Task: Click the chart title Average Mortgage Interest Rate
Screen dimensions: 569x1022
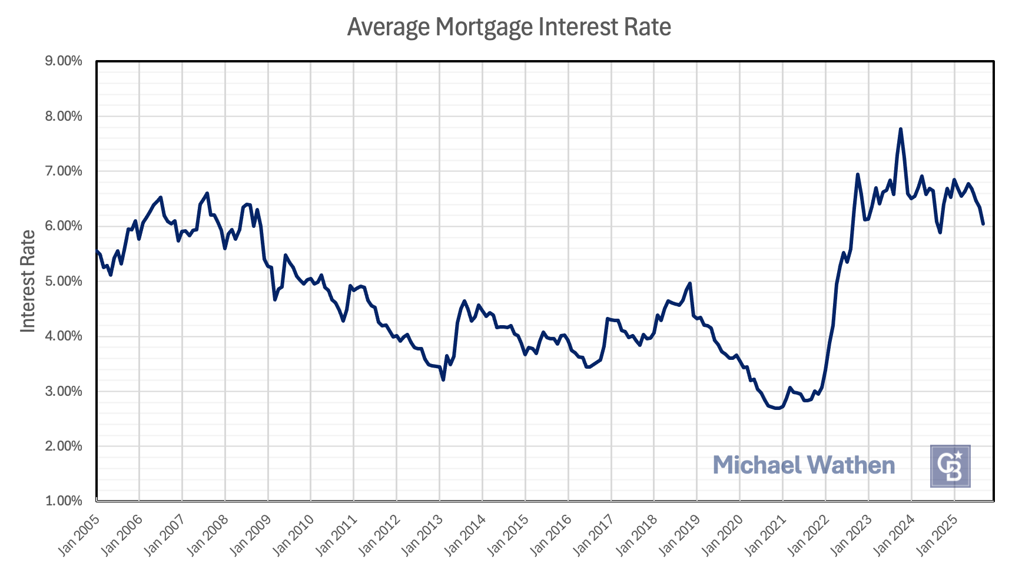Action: pos(509,27)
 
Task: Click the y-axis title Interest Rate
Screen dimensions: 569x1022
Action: pos(28,281)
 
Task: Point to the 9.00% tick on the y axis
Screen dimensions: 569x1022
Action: pos(64,61)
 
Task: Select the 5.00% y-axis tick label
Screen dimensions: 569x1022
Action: pos(64,281)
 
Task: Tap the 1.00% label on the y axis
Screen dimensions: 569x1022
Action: pos(64,501)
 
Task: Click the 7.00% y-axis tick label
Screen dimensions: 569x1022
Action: pos(64,171)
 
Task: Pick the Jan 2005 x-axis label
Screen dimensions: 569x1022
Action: pos(78,535)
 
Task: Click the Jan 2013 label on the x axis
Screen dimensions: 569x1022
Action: pos(422,535)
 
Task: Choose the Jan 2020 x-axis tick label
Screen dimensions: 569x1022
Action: pos(722,535)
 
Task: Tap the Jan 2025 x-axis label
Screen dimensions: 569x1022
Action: pos(936,535)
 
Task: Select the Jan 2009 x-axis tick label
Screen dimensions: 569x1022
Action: pos(250,535)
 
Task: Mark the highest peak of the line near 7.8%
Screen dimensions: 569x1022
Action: pos(901,129)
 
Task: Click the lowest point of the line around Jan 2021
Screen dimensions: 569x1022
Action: pos(778,408)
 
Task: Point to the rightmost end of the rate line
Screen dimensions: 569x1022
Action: pos(983,224)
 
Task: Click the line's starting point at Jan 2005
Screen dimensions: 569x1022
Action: pos(97,252)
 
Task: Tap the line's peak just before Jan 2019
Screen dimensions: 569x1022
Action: pos(689,283)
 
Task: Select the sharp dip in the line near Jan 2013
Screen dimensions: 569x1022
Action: pos(443,380)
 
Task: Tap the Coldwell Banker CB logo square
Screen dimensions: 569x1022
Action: pos(950,466)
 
